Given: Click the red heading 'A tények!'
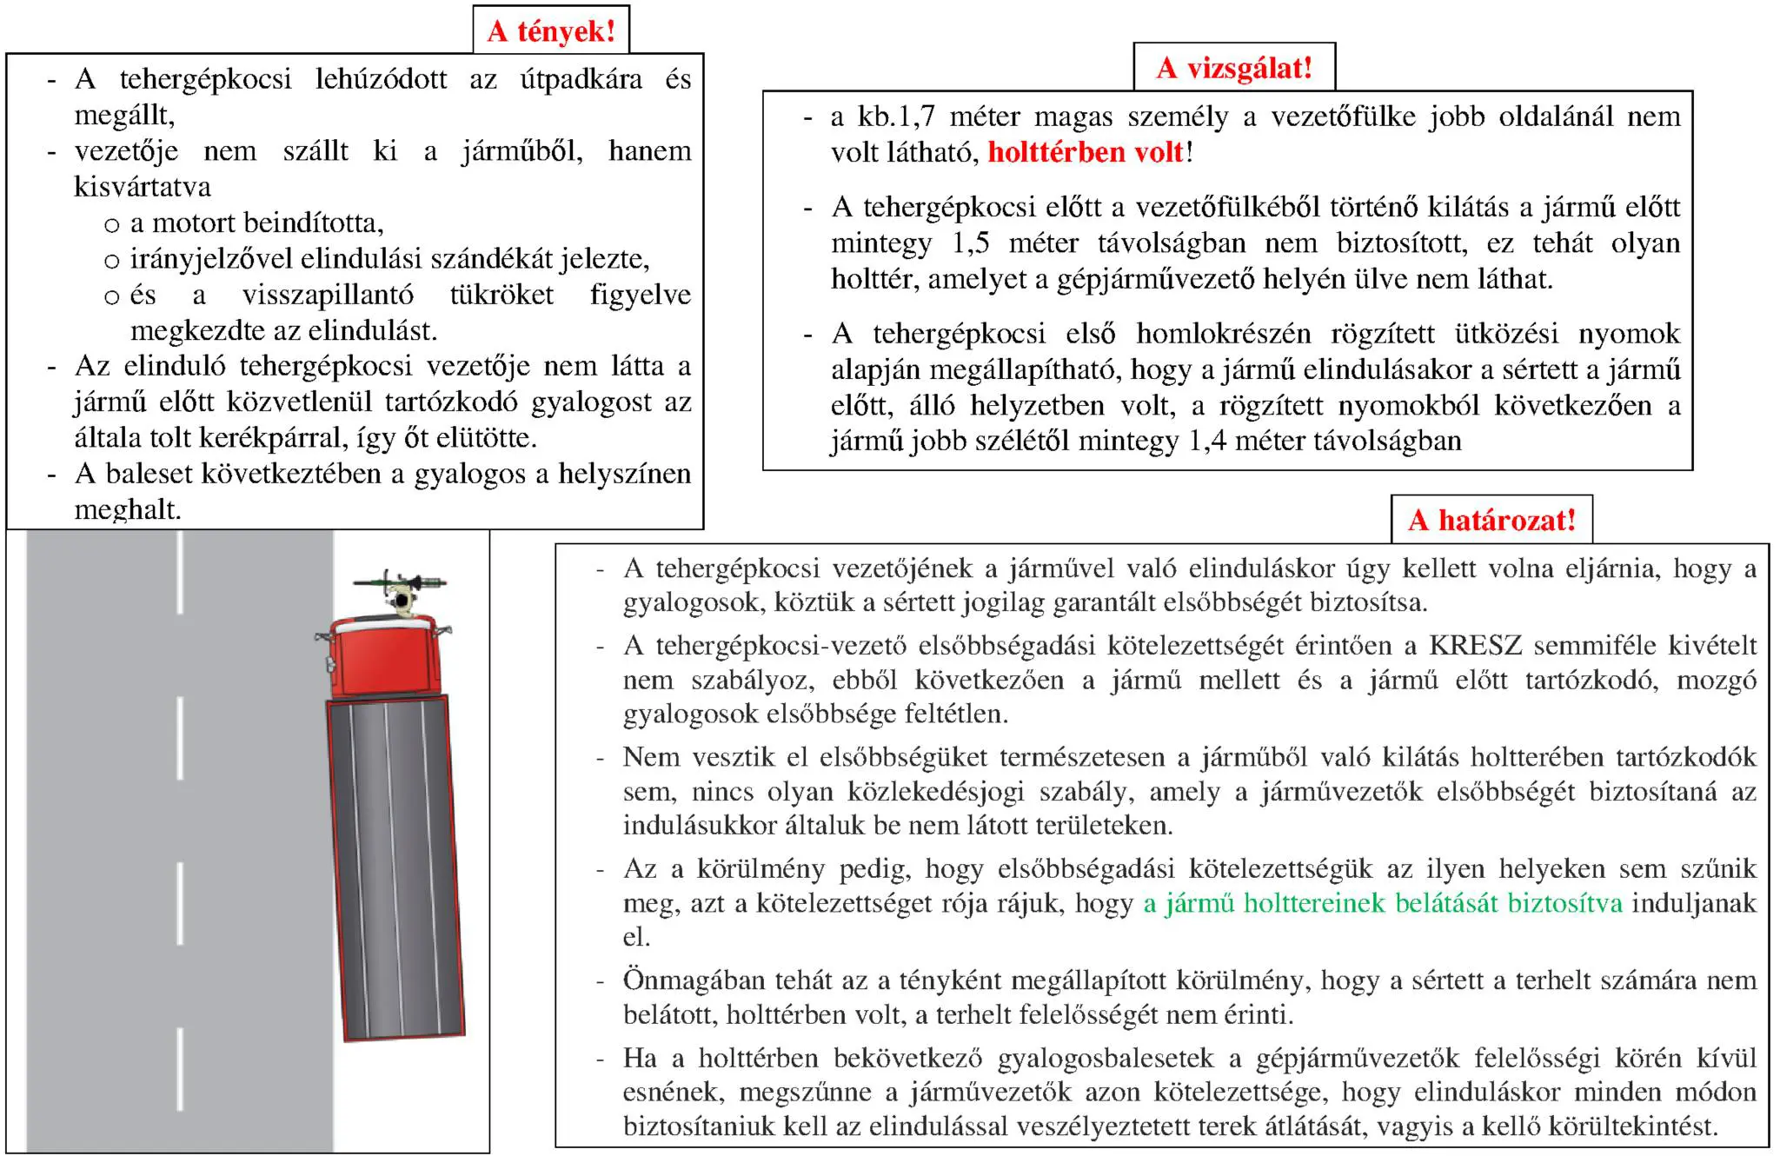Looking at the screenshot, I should coord(551,31).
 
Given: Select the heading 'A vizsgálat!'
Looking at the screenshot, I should coord(1233,68).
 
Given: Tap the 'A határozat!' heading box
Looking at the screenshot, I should coord(1491,520).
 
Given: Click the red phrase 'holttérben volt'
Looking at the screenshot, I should coord(1086,153).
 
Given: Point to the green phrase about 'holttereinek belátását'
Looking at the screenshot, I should coord(1382,903).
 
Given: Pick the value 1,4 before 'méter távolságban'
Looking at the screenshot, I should coord(1207,442).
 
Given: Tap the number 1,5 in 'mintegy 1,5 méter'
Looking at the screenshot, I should coord(970,243).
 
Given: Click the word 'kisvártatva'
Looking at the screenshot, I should coord(143,187).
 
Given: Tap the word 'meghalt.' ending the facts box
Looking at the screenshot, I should coord(128,509).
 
